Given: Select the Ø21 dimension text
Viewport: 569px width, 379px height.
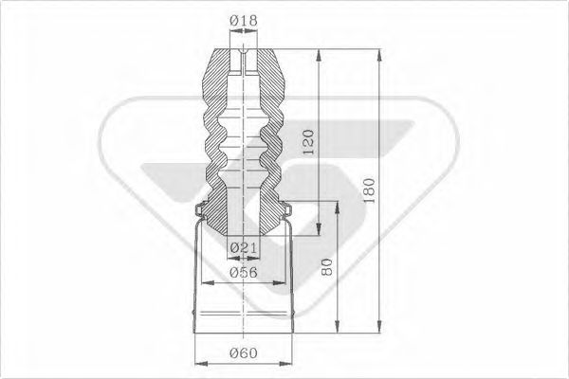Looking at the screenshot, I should coord(244,248).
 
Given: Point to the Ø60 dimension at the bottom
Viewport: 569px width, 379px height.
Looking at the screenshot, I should coord(244,354).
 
